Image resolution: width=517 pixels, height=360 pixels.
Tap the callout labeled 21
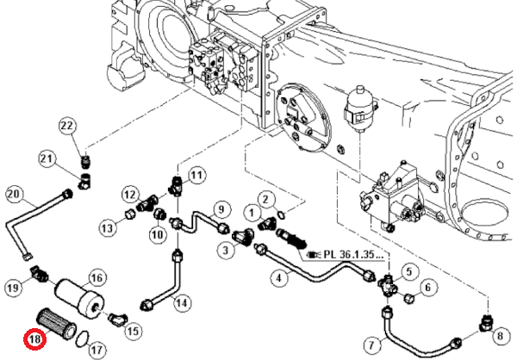pos(47,158)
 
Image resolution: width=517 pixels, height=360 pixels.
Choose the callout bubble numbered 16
pos(97,276)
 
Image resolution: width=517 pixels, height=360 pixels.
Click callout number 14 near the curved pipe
pos(181,301)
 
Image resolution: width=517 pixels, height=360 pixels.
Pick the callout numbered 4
pos(278,278)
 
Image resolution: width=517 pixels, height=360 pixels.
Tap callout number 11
pos(197,177)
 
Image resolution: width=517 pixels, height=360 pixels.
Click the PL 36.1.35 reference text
pos(344,255)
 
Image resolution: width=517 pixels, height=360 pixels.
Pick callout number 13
pos(106,227)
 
